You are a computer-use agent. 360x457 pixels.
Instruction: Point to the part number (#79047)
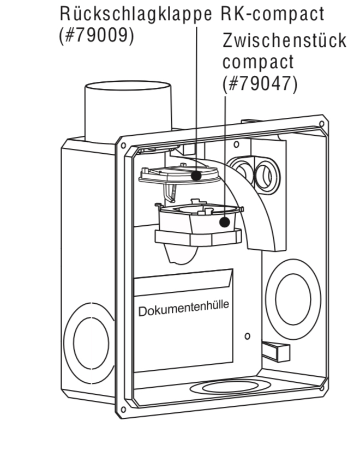(x=260, y=84)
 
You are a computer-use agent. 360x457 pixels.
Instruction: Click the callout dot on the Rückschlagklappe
(x=196, y=175)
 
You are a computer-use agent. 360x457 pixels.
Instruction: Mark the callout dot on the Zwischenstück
(x=224, y=222)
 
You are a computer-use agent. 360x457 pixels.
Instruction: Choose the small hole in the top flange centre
(x=236, y=145)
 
